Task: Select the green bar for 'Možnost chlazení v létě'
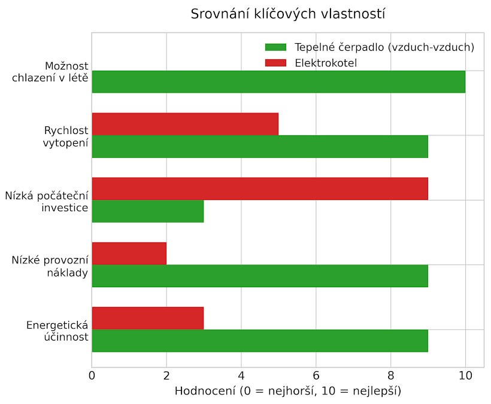(x=278, y=81)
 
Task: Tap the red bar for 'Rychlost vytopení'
(x=185, y=124)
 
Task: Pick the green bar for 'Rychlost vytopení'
(x=260, y=147)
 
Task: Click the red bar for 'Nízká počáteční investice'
(x=260, y=189)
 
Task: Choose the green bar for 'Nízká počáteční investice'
(x=148, y=211)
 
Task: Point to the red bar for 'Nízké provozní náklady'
(x=129, y=253)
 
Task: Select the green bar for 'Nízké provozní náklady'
(x=260, y=276)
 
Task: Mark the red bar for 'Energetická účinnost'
(x=148, y=318)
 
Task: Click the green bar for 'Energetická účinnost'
(x=260, y=341)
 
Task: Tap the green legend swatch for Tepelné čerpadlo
(x=276, y=47)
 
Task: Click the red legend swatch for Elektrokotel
(x=276, y=63)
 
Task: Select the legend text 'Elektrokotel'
(x=326, y=63)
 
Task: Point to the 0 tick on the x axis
(x=92, y=376)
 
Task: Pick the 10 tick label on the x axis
(x=465, y=376)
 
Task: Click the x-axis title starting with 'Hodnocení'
(x=287, y=391)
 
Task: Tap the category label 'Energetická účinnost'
(x=57, y=331)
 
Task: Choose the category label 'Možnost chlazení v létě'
(x=50, y=71)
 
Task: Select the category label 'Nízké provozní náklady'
(x=50, y=266)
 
